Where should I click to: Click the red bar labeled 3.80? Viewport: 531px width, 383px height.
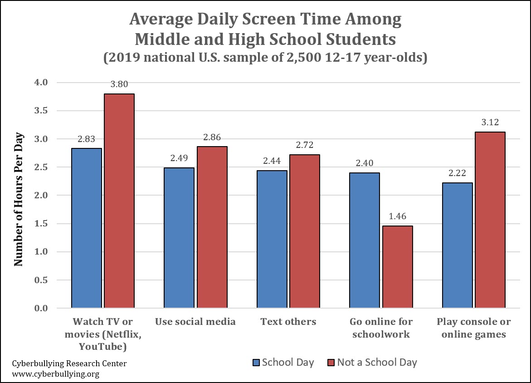tap(119, 201)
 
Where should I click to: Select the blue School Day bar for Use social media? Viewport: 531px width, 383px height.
tap(179, 238)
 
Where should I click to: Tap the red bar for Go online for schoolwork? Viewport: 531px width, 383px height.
tap(397, 267)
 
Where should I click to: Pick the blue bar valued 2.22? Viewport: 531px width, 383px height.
tap(457, 246)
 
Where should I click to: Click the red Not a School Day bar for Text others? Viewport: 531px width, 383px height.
tap(305, 231)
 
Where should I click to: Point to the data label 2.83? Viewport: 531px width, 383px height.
tap(87, 139)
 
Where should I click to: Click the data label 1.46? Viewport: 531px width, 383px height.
tap(397, 216)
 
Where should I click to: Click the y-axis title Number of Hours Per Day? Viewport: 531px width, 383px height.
tap(18, 199)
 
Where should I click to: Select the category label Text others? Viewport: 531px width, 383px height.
tap(288, 322)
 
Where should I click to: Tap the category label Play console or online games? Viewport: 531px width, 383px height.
tap(473, 328)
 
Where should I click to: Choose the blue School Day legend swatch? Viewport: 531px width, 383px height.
tap(256, 363)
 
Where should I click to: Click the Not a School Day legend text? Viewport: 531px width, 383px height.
tap(377, 363)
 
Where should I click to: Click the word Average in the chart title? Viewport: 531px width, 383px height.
tap(162, 20)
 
